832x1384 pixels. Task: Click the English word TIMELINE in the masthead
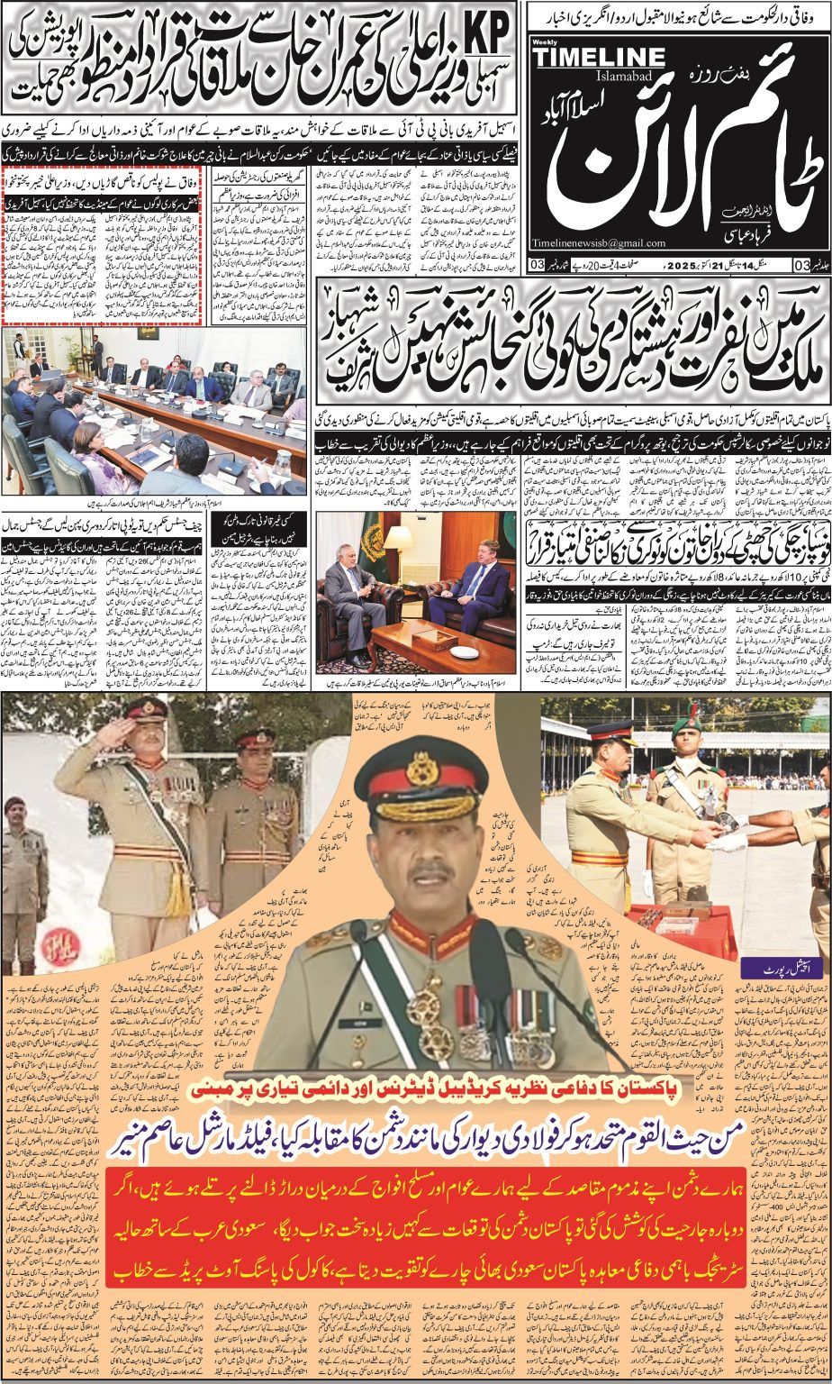(598, 57)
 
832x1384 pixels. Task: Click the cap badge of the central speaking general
(421, 769)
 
